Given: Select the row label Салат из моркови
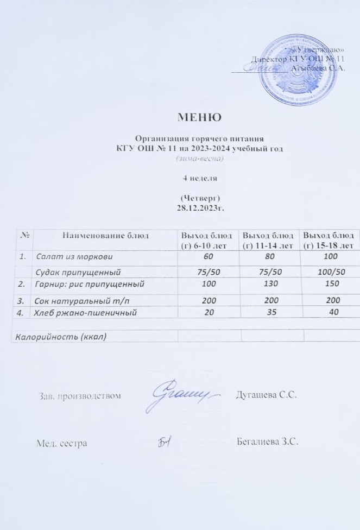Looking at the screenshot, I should tap(74, 255).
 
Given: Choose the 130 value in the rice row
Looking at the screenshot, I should tap(269, 284).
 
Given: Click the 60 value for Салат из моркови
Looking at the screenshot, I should tap(209, 255).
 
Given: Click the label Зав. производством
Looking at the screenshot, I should tap(78, 395).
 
